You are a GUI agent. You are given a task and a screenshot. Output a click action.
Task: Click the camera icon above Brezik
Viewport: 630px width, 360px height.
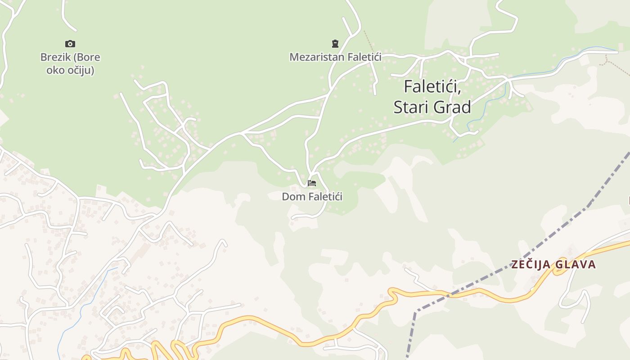70,44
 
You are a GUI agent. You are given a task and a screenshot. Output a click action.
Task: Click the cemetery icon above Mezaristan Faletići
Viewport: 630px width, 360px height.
335,44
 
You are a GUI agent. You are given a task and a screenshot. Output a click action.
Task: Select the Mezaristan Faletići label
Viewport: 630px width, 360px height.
335,57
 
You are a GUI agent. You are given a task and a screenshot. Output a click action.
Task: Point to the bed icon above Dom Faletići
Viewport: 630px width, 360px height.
312,183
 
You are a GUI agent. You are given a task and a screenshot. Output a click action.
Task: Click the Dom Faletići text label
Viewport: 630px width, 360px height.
312,197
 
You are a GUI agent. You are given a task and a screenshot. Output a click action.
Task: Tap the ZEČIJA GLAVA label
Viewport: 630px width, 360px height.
553,264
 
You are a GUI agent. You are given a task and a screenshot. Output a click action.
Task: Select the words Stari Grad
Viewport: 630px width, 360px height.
432,107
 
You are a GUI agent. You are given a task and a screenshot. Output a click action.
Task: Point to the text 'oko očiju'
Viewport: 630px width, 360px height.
70,70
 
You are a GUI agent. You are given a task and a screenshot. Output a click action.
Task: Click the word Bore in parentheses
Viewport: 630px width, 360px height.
88,58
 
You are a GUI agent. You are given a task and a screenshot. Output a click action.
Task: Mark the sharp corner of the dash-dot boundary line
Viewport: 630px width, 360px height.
416,310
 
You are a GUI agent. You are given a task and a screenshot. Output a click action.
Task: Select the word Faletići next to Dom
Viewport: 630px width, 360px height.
322,197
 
